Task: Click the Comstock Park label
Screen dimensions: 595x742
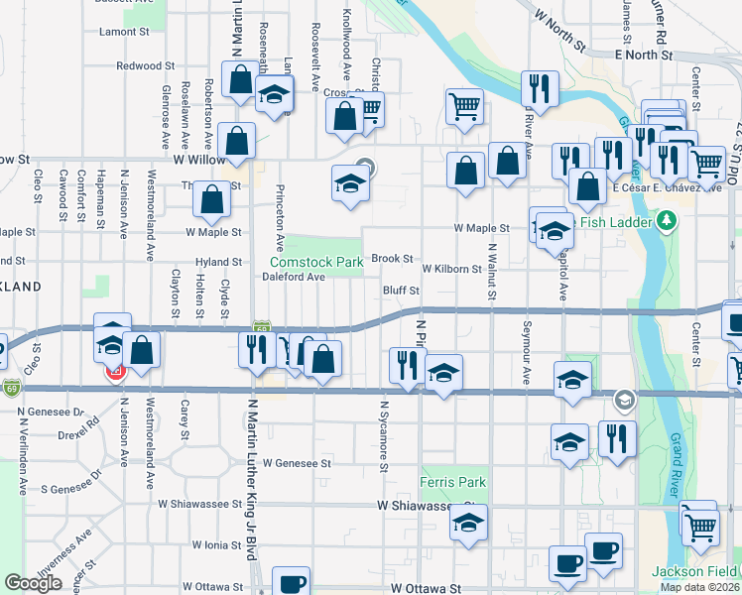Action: tap(316, 262)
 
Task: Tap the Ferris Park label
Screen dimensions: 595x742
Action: tap(453, 483)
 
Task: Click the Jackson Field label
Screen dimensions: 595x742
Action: tap(694, 571)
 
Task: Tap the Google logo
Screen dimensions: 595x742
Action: tap(33, 583)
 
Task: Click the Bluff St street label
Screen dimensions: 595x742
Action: tap(403, 291)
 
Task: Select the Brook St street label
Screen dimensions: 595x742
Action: tap(392, 259)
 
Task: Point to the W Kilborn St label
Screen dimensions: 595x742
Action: tap(451, 269)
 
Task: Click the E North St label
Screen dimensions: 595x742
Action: tap(644, 55)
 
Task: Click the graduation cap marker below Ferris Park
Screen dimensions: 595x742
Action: tap(469, 523)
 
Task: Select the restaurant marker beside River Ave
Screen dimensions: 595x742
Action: tap(541, 88)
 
